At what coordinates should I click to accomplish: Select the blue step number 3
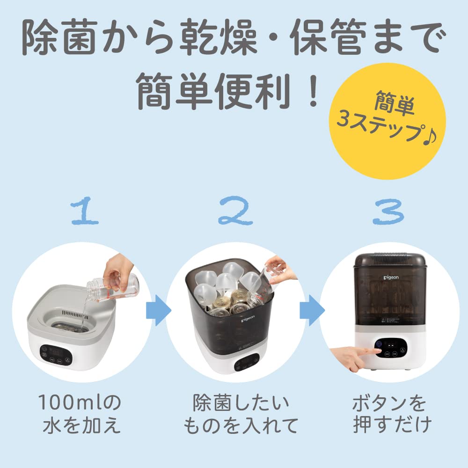pos(388,213)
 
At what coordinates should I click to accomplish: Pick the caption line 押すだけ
pos(389,426)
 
